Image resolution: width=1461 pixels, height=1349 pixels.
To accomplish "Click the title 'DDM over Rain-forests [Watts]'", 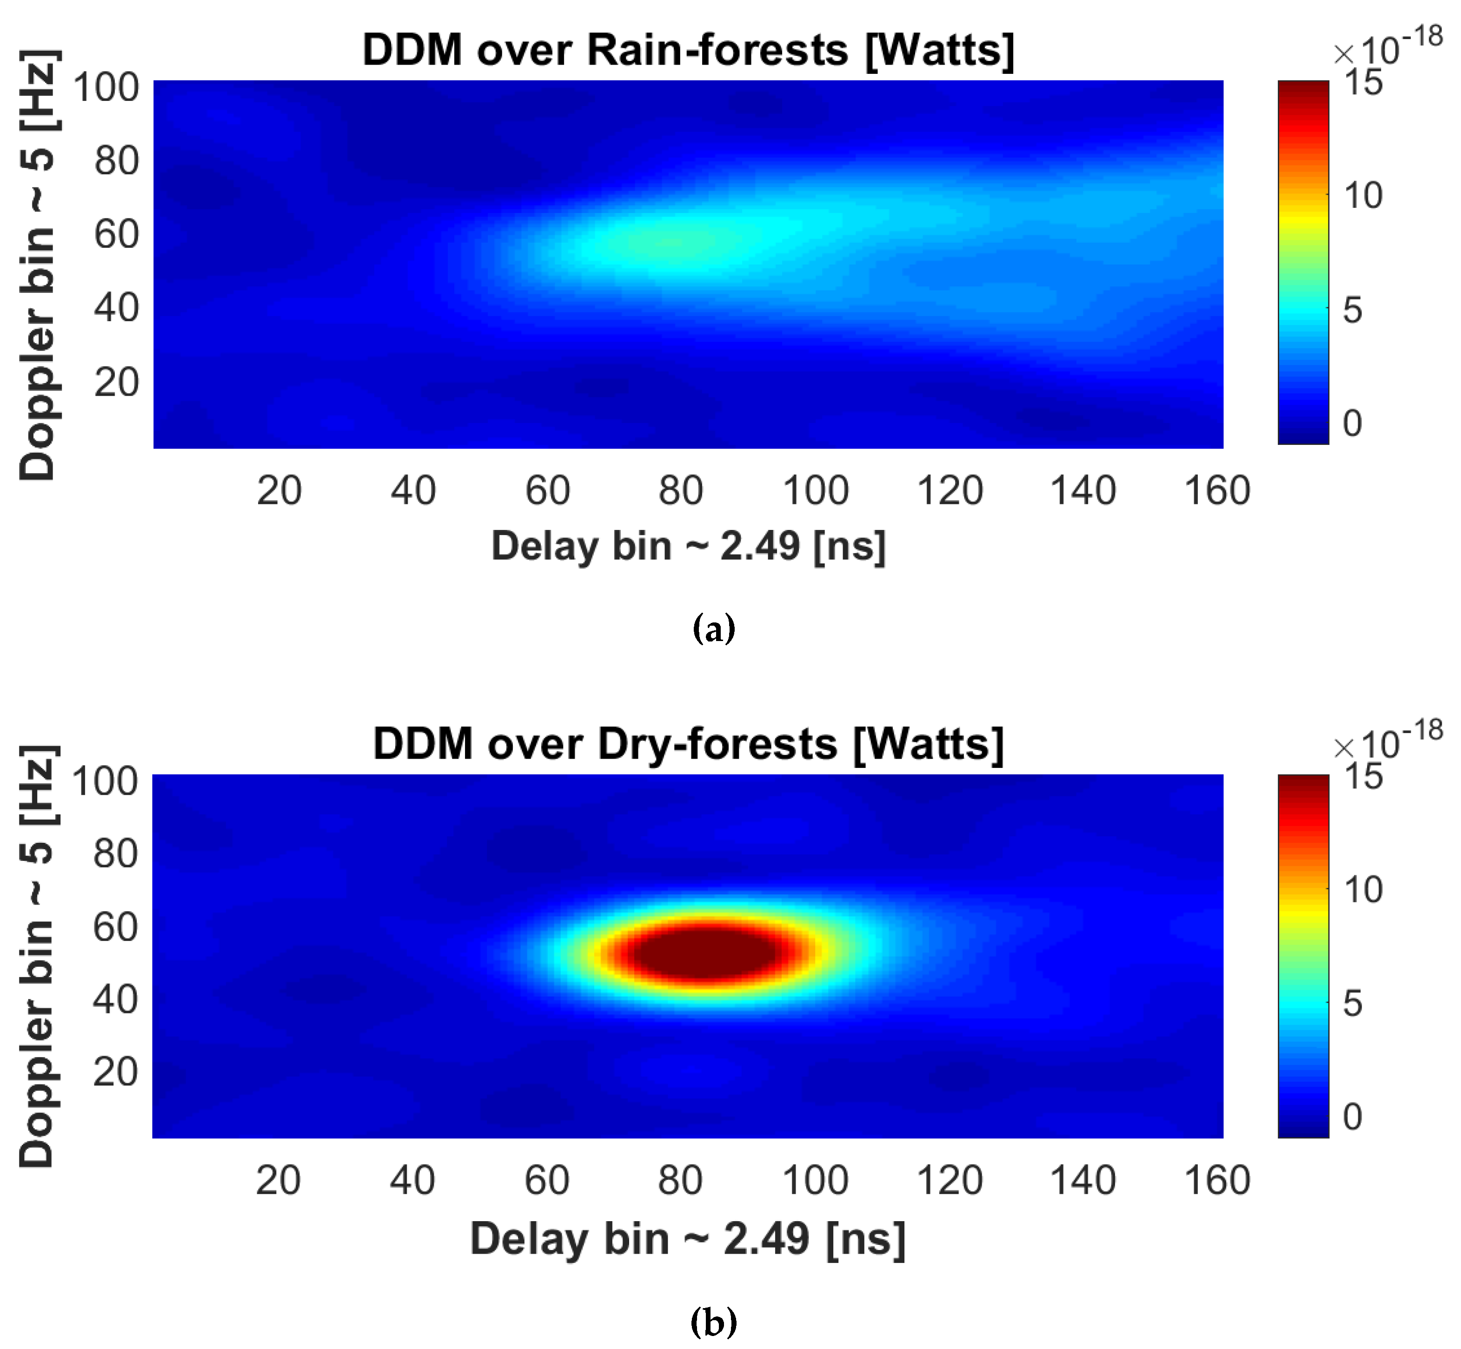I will [x=688, y=51].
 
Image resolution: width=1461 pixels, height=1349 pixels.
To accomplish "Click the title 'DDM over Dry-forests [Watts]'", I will [x=688, y=745].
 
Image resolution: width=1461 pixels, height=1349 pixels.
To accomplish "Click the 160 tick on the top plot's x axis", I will [x=1216, y=490].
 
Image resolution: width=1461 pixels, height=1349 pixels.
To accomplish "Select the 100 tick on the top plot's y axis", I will [x=106, y=87].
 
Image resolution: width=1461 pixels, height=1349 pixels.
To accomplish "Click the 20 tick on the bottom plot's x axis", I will [x=278, y=1180].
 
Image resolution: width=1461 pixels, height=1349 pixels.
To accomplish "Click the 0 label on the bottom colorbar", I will [x=1352, y=1117].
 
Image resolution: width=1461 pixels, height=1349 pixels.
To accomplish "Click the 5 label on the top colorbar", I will [x=1352, y=310].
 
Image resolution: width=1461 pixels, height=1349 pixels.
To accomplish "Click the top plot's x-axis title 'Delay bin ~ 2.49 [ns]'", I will [x=688, y=546].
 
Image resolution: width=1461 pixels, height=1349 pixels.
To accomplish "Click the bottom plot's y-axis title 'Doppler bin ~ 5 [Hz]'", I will [x=37, y=956].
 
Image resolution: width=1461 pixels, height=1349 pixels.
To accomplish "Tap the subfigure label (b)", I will [x=713, y=1321].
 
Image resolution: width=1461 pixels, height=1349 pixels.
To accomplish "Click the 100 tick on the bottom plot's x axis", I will [x=815, y=1180].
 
